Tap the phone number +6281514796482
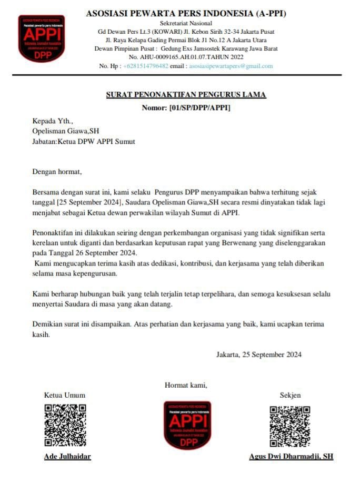(145, 66)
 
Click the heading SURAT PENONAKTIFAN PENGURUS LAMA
(186, 95)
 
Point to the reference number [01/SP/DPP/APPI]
(200, 108)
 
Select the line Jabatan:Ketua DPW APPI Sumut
(84, 142)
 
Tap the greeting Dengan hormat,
(57, 171)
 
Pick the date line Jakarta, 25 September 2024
(259, 355)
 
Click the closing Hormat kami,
(186, 385)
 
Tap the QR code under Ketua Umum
(65, 425)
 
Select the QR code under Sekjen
(290, 426)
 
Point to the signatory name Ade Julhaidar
(67, 456)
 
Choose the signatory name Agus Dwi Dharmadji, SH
(291, 456)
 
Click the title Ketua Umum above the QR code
(65, 395)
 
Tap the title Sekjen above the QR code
(290, 395)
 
